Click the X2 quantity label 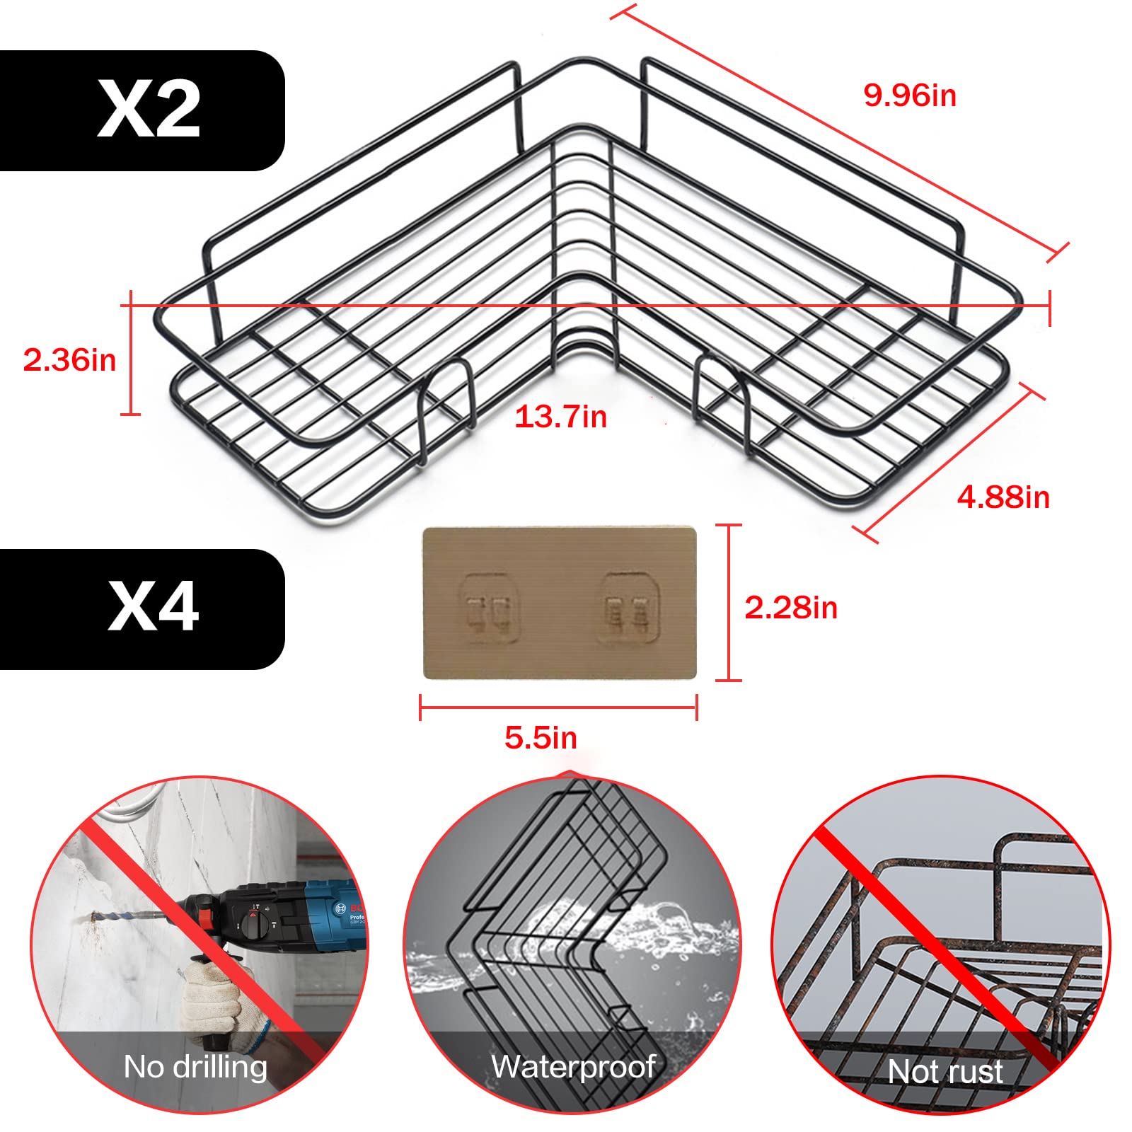point(149,110)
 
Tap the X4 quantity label point(153,607)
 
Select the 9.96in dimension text point(910,96)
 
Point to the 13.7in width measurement point(560,417)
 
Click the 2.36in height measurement point(69,359)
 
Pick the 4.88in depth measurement point(1003,497)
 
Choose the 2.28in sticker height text point(790,608)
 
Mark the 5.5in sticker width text point(541,738)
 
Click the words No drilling point(195,1066)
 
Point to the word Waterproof point(573,1066)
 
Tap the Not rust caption point(945,1071)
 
